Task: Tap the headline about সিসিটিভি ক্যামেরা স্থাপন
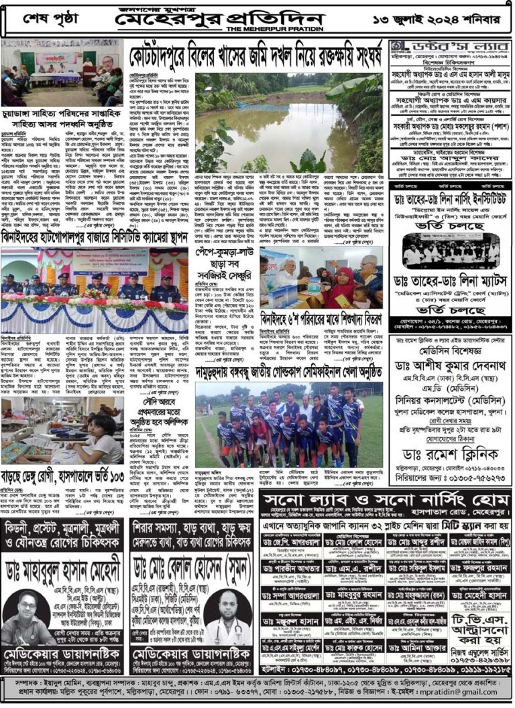point(95,236)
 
